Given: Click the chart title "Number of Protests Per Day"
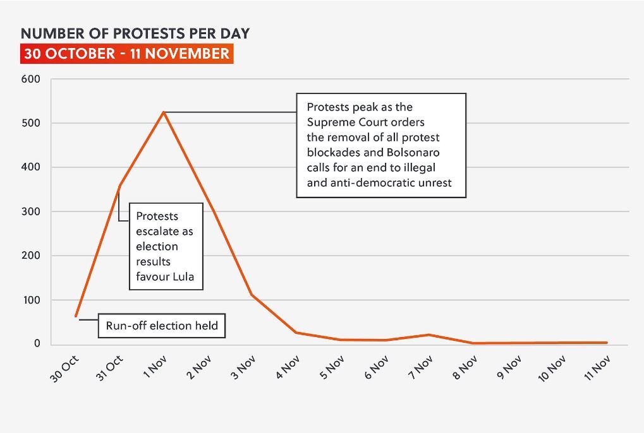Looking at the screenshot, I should [x=135, y=33].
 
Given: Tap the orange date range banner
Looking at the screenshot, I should [x=126, y=54].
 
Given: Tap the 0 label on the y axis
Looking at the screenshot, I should [x=37, y=344].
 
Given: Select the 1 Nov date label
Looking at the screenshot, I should [x=155, y=366].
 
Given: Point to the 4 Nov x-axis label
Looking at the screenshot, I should [x=288, y=367].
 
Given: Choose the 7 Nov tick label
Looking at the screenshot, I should [x=420, y=367].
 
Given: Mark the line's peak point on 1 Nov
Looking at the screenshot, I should [x=164, y=112].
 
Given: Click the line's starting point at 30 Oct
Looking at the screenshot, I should [x=76, y=316].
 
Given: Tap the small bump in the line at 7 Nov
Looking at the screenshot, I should [x=429, y=335].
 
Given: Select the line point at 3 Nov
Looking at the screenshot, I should [x=252, y=295].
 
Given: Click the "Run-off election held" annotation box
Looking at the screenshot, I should [x=162, y=326].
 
